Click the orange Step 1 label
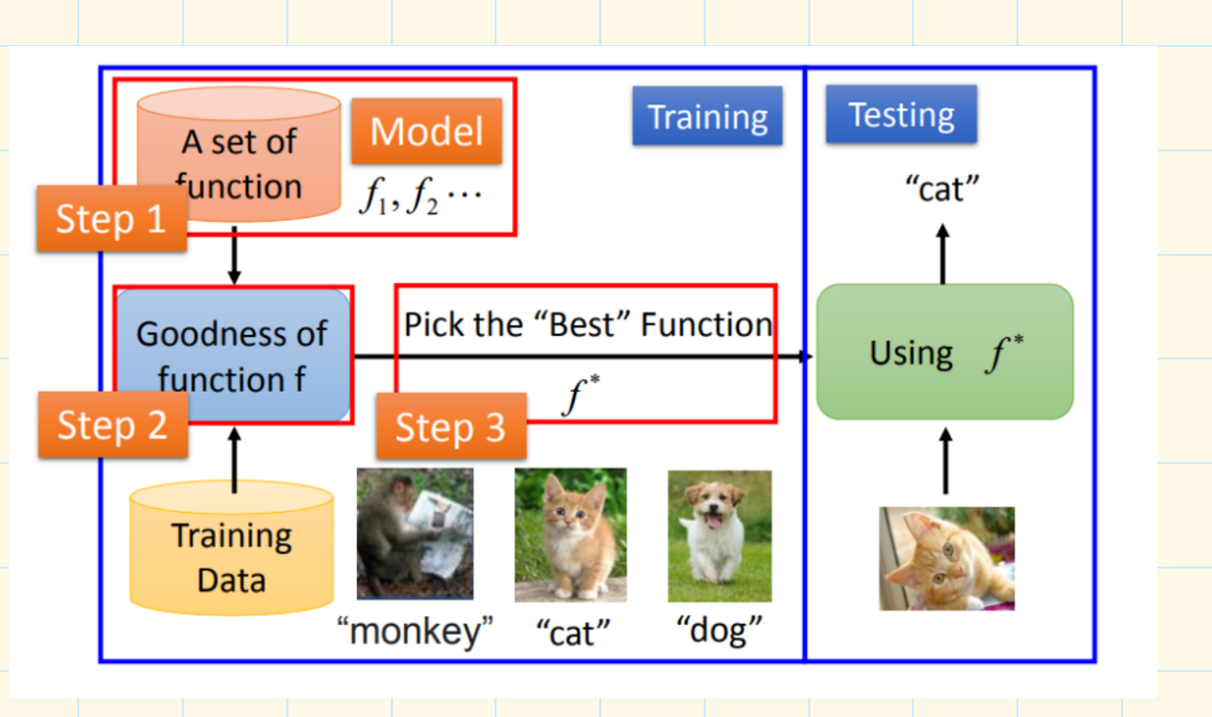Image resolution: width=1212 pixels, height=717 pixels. coord(112,219)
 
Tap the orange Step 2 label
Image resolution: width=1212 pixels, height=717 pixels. coord(113,425)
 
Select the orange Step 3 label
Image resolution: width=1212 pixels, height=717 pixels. coord(452,427)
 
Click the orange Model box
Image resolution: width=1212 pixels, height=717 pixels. coord(426,131)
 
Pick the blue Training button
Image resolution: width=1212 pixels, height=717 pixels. coord(708,115)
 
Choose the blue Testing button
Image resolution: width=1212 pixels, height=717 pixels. coord(901,114)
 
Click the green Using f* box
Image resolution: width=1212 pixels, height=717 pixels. coord(945,352)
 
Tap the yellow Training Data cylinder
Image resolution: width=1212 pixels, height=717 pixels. coord(232,548)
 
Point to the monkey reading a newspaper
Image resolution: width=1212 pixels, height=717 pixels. coord(415,533)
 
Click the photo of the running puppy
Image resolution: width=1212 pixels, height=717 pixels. coord(719,536)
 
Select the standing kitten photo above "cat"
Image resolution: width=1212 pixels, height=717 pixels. coord(571,534)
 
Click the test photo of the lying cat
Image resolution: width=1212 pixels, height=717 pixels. coord(947,559)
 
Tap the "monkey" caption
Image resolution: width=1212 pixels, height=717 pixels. coord(415,630)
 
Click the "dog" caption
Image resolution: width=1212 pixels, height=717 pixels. coord(719,629)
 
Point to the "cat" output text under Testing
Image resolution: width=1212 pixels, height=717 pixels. coord(942,189)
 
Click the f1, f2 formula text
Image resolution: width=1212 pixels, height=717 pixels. coord(420,196)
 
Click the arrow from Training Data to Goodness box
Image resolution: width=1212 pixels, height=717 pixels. coord(235,460)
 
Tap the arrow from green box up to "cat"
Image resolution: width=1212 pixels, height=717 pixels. coord(943,254)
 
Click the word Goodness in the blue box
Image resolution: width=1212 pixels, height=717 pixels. coord(232,334)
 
